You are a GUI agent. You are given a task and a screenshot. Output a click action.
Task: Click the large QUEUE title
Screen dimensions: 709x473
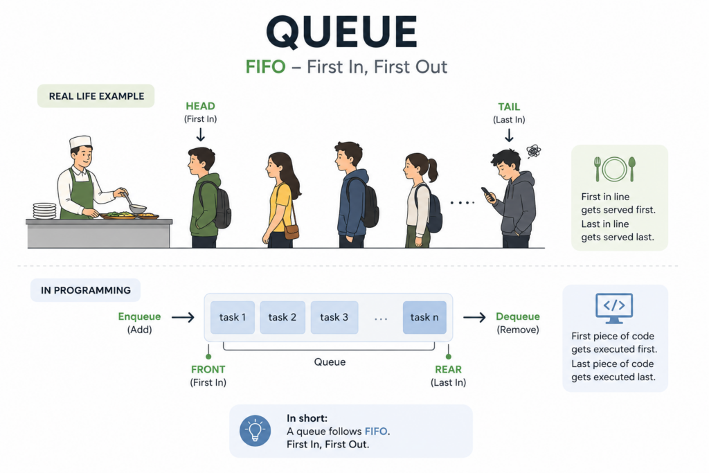click(341, 32)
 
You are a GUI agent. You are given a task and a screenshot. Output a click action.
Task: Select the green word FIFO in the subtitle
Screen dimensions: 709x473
click(265, 67)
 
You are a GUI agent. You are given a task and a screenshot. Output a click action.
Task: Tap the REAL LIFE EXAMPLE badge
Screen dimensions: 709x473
click(96, 96)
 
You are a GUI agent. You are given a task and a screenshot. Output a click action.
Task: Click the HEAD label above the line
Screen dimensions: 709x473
click(200, 106)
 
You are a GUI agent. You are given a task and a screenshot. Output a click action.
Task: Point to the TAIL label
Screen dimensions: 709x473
click(509, 107)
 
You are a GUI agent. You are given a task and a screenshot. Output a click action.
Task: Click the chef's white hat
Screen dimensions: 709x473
click(80, 142)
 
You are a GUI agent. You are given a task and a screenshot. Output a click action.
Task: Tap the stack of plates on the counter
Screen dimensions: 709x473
click(45, 211)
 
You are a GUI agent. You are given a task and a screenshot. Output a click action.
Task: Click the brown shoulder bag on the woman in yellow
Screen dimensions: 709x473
click(291, 231)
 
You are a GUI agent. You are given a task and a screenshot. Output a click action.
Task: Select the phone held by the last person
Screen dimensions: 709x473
click(487, 193)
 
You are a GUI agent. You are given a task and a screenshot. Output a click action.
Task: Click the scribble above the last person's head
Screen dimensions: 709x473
click(534, 151)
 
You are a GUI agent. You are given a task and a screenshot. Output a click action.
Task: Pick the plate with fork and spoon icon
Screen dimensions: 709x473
click(615, 169)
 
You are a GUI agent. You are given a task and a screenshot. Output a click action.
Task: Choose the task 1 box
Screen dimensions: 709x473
click(233, 317)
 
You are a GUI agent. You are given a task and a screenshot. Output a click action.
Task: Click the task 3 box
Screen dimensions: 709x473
click(334, 317)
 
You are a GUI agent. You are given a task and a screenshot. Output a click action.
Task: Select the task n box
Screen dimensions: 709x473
click(424, 317)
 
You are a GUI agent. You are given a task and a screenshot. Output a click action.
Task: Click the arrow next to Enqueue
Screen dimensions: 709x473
click(183, 317)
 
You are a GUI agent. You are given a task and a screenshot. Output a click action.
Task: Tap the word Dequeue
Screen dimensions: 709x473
click(518, 316)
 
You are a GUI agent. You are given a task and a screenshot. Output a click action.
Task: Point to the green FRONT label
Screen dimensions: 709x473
click(208, 369)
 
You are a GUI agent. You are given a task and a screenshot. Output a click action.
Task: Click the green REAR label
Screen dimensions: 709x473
click(448, 369)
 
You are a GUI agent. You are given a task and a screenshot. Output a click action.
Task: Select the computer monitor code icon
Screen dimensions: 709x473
click(614, 308)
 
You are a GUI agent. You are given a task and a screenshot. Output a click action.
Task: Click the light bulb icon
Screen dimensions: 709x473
click(255, 431)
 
